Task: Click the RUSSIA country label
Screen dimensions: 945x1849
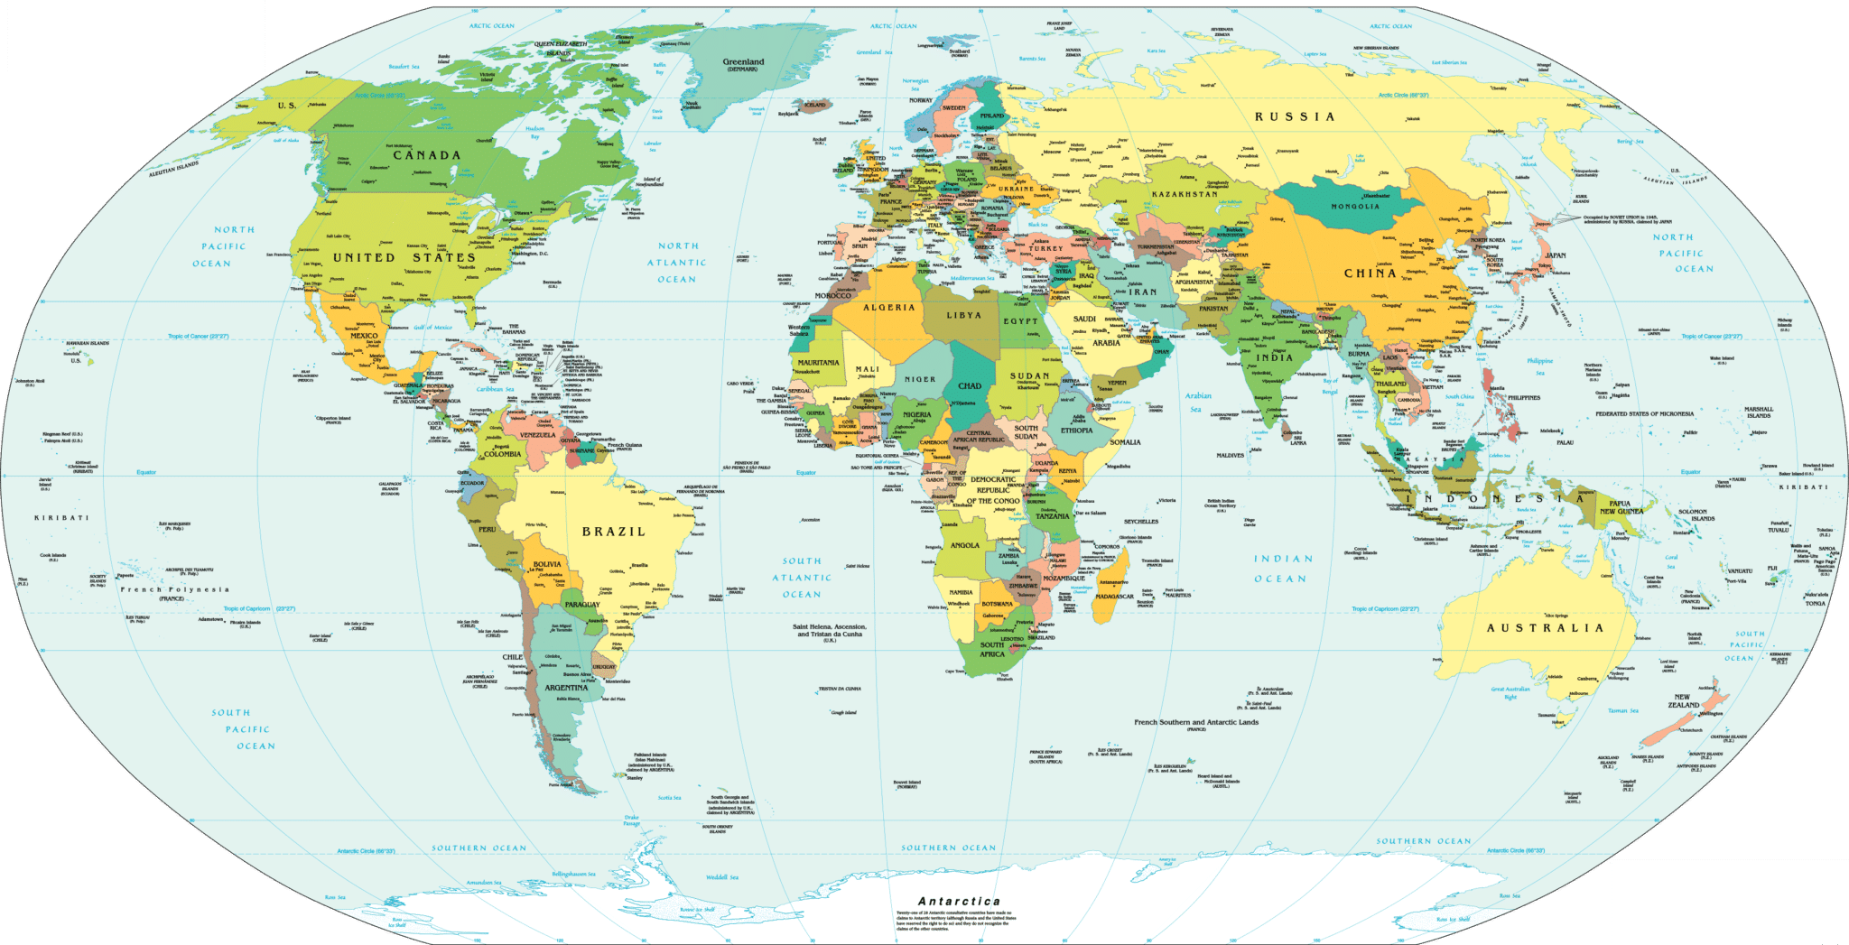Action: pos(1294,116)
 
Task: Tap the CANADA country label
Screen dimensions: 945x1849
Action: pos(426,155)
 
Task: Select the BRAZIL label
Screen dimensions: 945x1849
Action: pos(614,532)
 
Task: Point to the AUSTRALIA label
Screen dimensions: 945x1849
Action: pos(1545,627)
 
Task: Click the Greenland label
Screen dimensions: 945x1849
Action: pos(743,62)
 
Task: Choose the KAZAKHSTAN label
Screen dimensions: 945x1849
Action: pos(1185,194)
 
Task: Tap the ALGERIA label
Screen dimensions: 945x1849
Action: pos(889,308)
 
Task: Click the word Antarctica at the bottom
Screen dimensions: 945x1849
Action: pos(959,901)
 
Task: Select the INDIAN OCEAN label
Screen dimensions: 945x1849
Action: pos(1283,569)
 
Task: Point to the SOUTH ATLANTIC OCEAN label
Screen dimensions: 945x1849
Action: pos(802,578)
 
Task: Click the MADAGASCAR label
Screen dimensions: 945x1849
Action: pos(1114,597)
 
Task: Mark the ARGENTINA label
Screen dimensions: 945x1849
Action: pos(566,688)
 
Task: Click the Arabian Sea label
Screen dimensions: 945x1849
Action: pos(1198,403)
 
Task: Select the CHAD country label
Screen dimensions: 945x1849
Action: pos(970,385)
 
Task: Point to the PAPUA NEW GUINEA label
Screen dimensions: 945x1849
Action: pos(1621,507)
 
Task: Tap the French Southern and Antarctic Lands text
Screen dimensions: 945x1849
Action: pos(1195,722)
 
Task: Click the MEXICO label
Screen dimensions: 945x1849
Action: pos(364,336)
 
